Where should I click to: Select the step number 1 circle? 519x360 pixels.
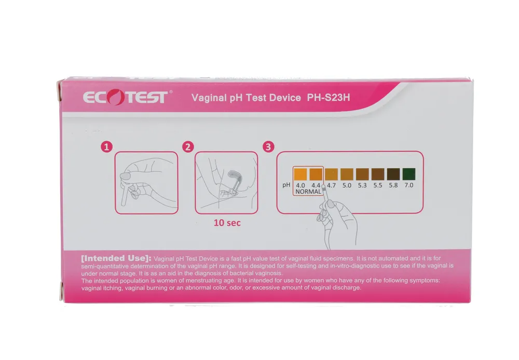tap(106, 147)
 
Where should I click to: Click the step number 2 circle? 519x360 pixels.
tap(187, 147)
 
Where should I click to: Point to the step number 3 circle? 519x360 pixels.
tap(268, 147)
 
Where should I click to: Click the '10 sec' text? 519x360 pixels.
tap(227, 223)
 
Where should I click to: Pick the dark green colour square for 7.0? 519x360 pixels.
tap(408, 175)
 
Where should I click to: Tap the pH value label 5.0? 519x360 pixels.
tap(347, 185)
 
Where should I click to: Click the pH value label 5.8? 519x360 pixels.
tap(393, 185)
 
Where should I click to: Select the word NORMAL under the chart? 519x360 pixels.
tap(308, 192)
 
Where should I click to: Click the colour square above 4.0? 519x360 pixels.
tap(300, 175)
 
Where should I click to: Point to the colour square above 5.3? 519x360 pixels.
tap(362, 175)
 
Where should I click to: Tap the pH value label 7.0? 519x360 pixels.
tap(408, 185)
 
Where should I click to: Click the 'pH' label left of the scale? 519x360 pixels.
tap(285, 185)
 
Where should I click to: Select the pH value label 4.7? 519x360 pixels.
tap(331, 185)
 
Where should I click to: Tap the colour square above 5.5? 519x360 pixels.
tap(378, 175)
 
